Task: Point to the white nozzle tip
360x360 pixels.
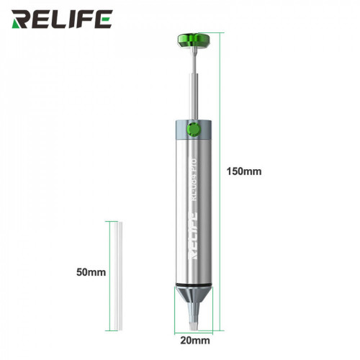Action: pos(192,318)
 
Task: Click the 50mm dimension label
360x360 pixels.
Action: pos(91,272)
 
